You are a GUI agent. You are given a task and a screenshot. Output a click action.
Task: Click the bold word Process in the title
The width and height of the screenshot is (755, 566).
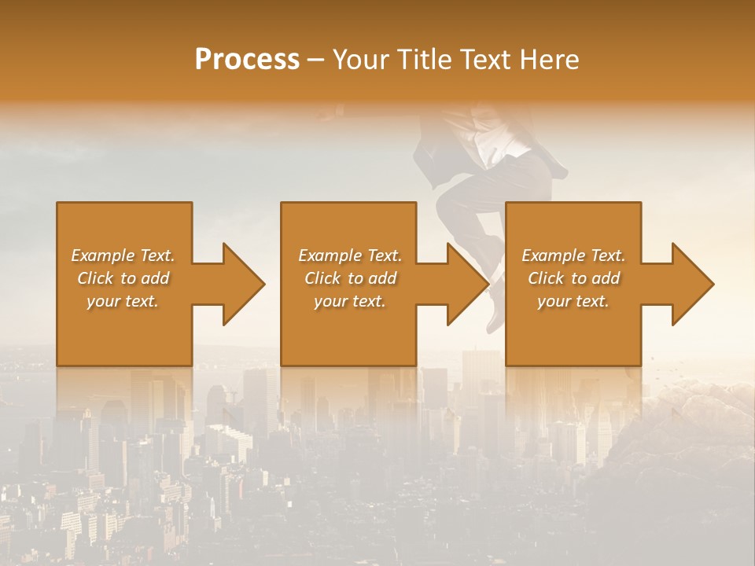click(247, 60)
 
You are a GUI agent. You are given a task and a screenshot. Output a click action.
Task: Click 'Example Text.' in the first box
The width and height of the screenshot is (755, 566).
click(123, 255)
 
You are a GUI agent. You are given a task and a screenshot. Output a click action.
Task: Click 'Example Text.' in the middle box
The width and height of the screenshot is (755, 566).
click(349, 255)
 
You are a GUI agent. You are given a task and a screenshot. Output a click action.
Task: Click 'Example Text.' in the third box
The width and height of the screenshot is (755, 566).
click(573, 255)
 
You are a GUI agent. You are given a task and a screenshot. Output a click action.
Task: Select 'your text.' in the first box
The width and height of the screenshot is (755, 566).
click(123, 301)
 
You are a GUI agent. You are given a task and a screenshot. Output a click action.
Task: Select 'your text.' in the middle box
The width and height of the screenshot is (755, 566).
click(349, 301)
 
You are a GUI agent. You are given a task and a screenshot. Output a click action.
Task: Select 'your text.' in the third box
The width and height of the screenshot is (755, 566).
click(573, 301)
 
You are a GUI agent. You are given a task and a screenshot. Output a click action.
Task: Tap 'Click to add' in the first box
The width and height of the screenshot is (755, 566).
click(123, 278)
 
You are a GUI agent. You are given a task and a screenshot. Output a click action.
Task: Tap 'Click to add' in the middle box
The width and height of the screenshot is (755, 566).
click(349, 278)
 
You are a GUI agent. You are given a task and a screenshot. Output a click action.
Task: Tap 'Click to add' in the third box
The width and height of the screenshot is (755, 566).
click(573, 278)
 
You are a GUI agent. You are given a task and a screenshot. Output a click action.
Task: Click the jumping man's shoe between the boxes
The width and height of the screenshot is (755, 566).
click(495, 312)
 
